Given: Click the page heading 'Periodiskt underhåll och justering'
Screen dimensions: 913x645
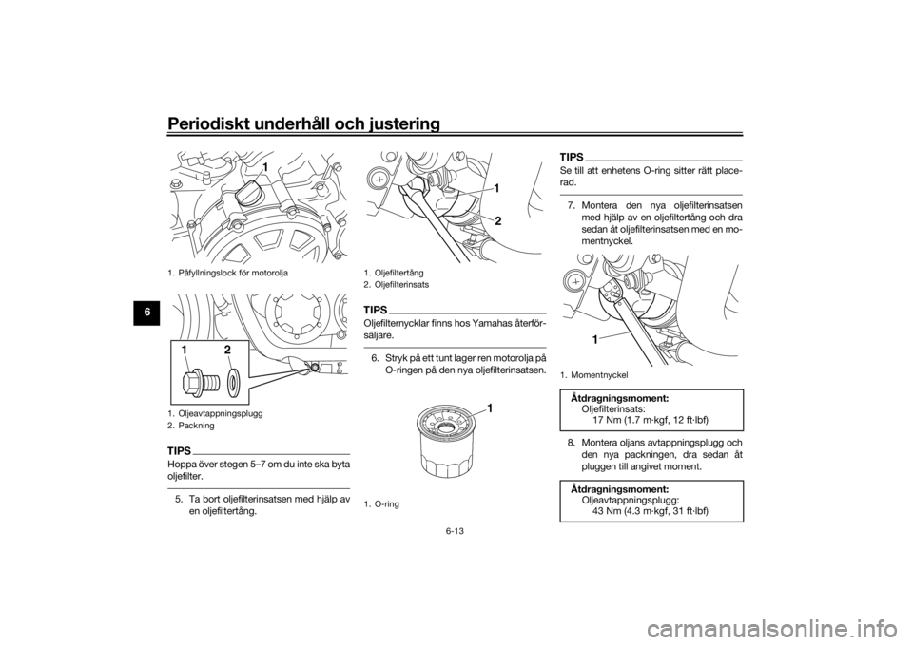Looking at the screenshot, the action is click(302, 123).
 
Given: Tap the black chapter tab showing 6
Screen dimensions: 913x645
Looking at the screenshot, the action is click(148, 312).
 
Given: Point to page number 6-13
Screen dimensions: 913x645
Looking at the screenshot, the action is click(456, 531).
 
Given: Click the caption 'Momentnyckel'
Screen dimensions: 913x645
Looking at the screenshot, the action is click(599, 376).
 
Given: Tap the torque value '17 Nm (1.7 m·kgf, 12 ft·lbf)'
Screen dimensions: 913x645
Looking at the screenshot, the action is click(651, 420).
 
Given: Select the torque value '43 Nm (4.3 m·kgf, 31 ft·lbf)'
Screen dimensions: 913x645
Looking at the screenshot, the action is click(651, 511).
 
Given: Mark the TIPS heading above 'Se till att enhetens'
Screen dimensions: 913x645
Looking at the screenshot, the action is click(572, 157).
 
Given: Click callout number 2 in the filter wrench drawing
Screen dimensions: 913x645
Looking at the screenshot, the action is click(498, 221).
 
